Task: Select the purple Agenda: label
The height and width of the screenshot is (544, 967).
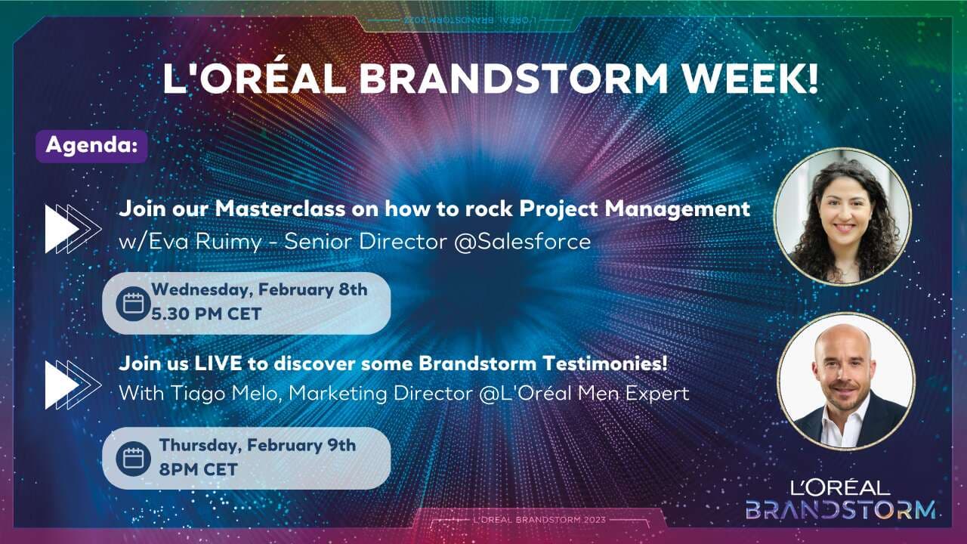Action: tap(91, 146)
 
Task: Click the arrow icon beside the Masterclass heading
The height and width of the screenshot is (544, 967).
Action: tap(73, 229)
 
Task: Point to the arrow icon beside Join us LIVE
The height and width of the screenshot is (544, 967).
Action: tap(73, 385)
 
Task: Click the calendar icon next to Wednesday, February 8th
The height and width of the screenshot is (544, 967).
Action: tap(134, 304)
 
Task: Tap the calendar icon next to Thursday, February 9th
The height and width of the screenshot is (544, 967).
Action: tap(134, 459)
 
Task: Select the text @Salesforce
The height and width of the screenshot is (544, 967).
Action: tap(522, 241)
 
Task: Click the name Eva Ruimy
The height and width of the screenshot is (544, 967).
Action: tap(205, 241)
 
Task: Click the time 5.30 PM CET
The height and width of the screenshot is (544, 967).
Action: tap(206, 314)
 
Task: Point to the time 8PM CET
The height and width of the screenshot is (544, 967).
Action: tap(198, 469)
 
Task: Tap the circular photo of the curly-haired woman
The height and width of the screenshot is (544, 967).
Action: tap(842, 217)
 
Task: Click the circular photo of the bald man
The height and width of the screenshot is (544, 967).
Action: tap(845, 382)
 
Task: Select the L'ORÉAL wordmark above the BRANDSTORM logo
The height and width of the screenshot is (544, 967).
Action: tap(839, 488)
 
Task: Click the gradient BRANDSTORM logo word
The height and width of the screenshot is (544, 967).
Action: tap(840, 509)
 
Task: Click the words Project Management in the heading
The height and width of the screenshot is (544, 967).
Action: tap(635, 209)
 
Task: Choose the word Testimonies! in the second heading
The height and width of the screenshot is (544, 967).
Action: tap(605, 363)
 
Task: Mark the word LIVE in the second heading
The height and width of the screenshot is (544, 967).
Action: tap(218, 363)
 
